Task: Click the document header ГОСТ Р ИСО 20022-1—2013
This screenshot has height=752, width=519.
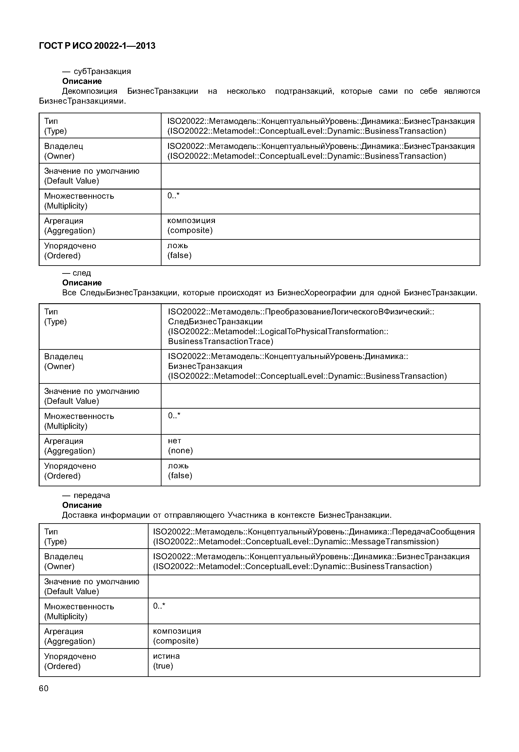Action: [97, 46]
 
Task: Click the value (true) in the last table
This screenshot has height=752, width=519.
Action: [163, 666]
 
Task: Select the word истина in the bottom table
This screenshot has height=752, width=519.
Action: [166, 656]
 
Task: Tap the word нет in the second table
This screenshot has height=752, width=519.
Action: [174, 441]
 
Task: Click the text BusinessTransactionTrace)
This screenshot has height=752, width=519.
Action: [220, 341]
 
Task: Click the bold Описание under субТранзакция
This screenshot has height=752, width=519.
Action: [82, 81]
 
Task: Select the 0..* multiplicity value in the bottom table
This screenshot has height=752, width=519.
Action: [159, 606]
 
